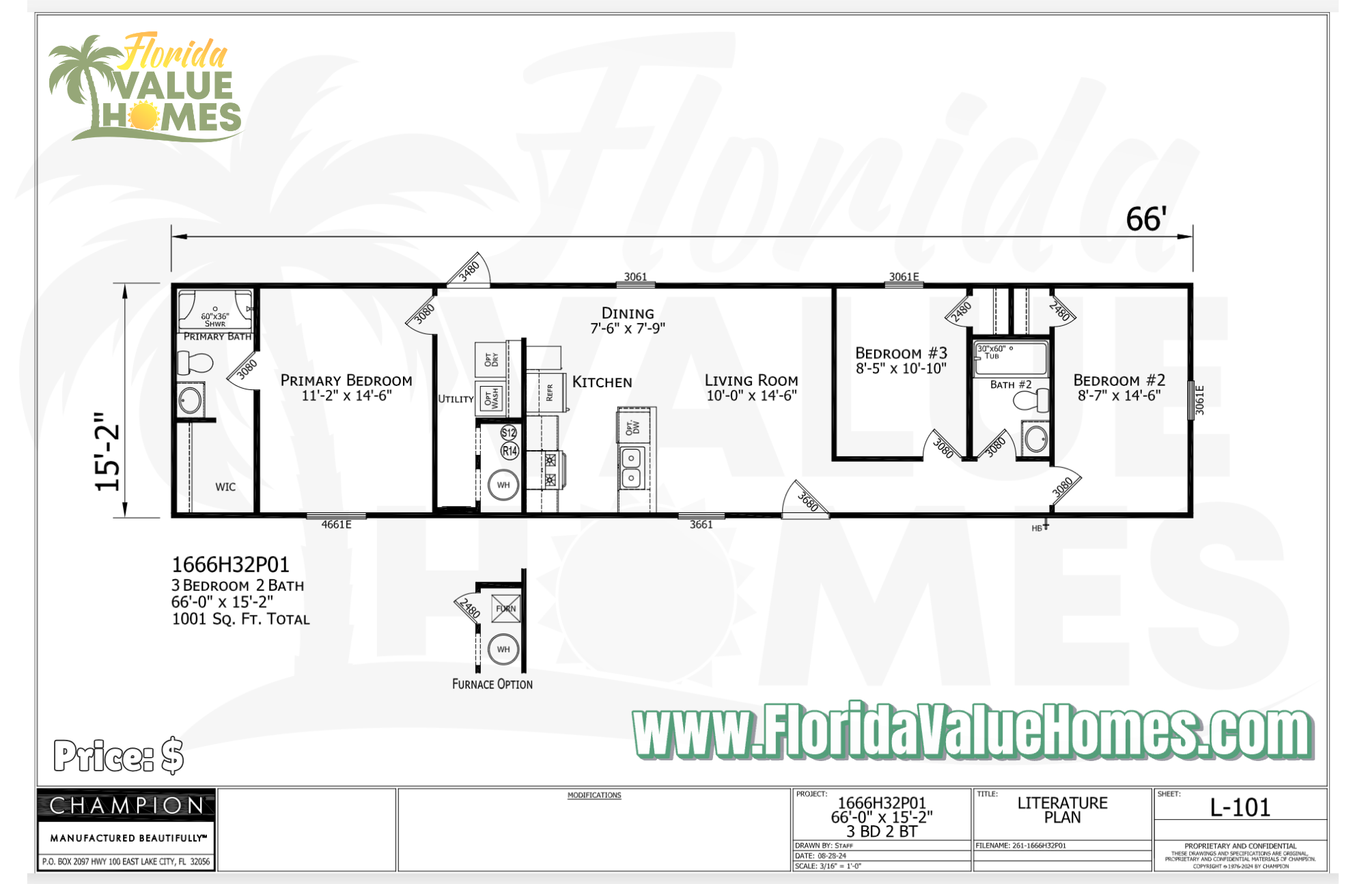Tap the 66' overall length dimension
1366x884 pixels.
click(x=1145, y=219)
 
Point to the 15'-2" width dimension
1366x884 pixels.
click(x=108, y=452)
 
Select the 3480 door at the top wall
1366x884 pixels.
click(x=469, y=271)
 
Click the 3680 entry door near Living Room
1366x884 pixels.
click(x=807, y=501)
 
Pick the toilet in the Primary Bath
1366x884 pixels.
click(x=195, y=362)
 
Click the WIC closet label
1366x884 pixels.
click(x=225, y=487)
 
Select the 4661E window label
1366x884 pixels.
click(x=336, y=525)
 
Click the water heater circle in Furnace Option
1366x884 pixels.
click(x=503, y=649)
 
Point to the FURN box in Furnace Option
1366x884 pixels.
click(x=506, y=608)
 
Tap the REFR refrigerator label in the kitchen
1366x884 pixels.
click(x=550, y=392)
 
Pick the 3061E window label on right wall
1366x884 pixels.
click(x=1200, y=400)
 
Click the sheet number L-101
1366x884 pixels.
click(x=1240, y=807)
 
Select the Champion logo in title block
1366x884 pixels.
click(x=126, y=805)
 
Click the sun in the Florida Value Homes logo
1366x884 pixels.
click(x=143, y=115)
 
